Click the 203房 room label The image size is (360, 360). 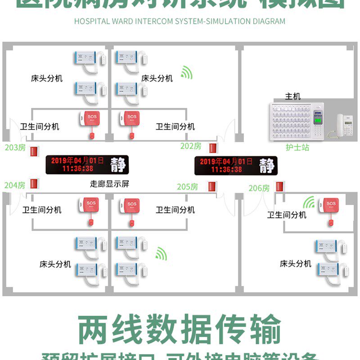[x=15, y=148]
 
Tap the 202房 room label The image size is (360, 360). [x=190, y=146]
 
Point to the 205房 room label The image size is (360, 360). [x=187, y=186]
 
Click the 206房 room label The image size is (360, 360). [x=259, y=188]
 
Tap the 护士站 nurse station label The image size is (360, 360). [x=297, y=147]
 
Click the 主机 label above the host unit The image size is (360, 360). [x=293, y=96]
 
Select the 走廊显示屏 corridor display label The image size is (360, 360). [x=110, y=184]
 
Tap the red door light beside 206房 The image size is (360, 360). [x=280, y=186]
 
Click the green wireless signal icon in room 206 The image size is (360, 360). [x=309, y=203]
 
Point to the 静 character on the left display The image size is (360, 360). [x=118, y=165]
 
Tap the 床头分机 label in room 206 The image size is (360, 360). [x=296, y=263]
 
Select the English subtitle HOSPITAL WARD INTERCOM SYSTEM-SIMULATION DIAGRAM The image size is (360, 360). [x=180, y=21]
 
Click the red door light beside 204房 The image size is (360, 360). [x=33, y=184]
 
